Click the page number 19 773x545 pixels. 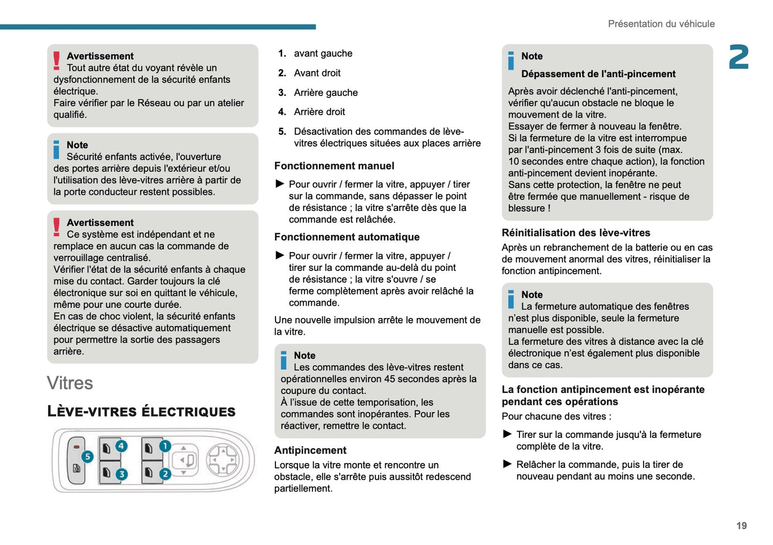741,526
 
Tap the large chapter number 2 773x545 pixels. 739,57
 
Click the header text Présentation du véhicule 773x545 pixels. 661,24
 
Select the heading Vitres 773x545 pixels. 70,383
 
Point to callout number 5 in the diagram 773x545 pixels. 87,457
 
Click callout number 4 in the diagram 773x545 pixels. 121,446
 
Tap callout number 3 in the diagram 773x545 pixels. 121,474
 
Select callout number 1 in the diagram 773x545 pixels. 165,446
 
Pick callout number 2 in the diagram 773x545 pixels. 165,474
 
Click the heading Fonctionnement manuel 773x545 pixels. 334,166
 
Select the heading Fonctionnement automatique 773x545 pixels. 347,237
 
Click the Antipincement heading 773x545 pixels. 310,450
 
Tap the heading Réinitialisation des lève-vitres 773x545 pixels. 576,233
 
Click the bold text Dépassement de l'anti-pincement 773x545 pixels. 598,74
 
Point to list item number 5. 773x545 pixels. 282,132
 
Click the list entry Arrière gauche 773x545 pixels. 325,93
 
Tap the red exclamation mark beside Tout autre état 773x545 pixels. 57,60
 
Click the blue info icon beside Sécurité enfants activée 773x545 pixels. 57,149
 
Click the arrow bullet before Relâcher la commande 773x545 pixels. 508,464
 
